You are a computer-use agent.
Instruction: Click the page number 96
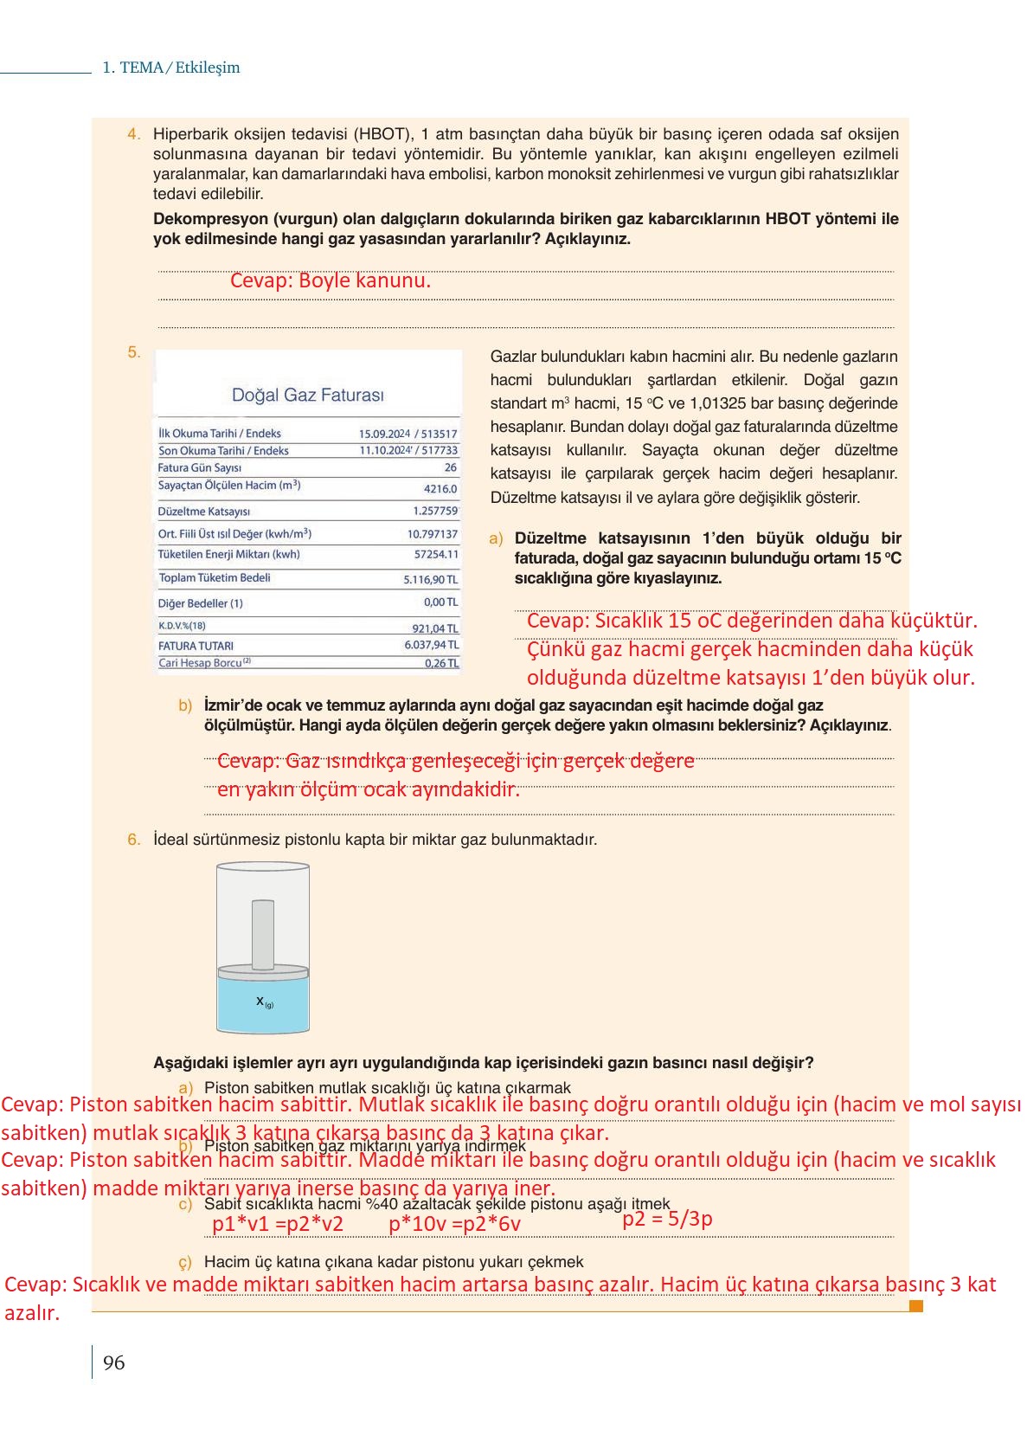pyautogui.click(x=113, y=1363)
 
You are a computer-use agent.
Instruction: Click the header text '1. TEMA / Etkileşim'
pyautogui.click(x=170, y=68)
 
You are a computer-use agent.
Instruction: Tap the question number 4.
pyautogui.click(x=133, y=134)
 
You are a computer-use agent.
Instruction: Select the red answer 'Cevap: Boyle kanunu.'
pyautogui.click(x=330, y=280)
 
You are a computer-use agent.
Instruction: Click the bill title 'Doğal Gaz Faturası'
pyautogui.click(x=307, y=396)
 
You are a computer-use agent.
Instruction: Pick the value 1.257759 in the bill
pyautogui.click(x=434, y=511)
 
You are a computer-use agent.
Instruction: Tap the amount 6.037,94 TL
pyautogui.click(x=431, y=645)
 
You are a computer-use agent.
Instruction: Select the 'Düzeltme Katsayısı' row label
pyautogui.click(x=203, y=512)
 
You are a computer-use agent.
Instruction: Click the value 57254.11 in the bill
pyautogui.click(x=436, y=554)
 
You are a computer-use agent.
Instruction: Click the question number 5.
pyautogui.click(x=133, y=352)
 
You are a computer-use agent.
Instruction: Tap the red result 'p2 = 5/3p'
pyautogui.click(x=667, y=1219)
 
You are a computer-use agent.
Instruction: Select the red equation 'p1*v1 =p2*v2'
pyautogui.click(x=277, y=1223)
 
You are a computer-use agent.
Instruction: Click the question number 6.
pyautogui.click(x=133, y=840)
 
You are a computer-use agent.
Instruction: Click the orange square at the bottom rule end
pyautogui.click(x=916, y=1305)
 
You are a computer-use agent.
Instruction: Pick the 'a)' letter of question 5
pyautogui.click(x=496, y=538)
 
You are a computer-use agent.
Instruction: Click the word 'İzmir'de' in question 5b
pyautogui.click(x=232, y=705)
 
